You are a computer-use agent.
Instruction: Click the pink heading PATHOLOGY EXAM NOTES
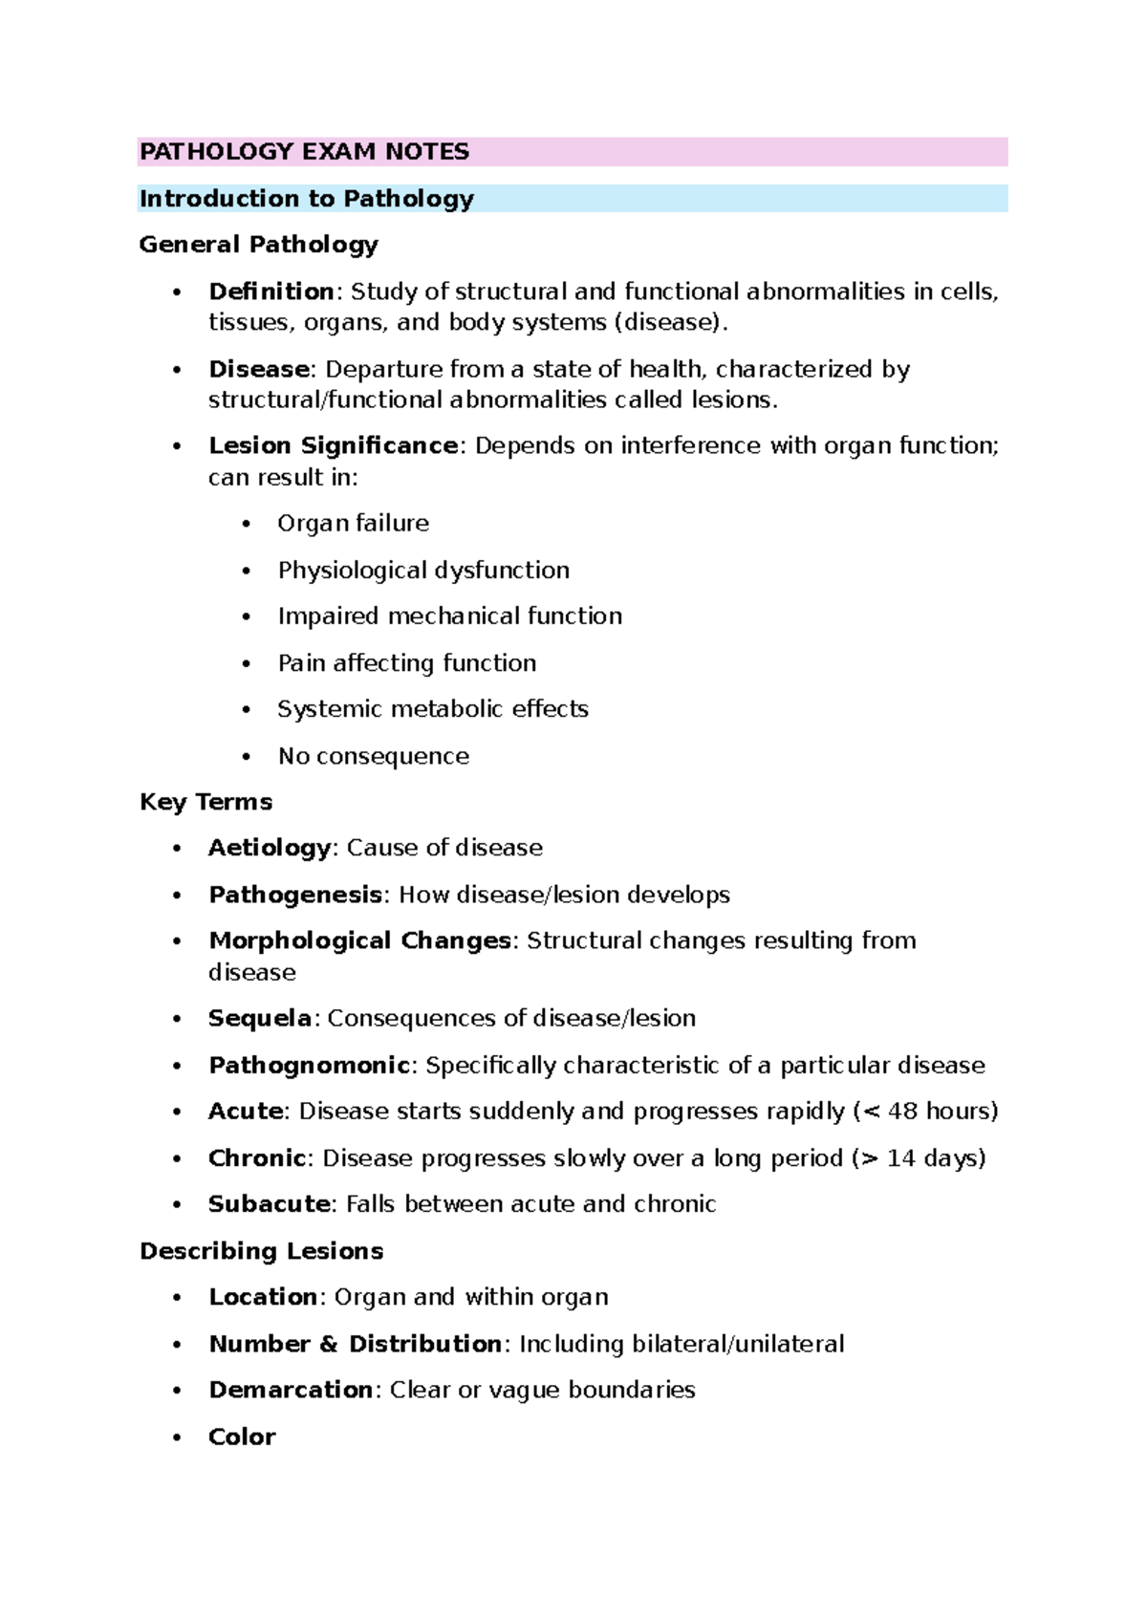coord(304,152)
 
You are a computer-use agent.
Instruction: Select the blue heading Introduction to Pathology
coord(306,199)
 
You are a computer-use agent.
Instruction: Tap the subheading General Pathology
coord(258,245)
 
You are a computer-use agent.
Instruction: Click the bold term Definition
coord(271,292)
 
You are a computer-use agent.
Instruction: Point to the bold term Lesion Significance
coord(333,446)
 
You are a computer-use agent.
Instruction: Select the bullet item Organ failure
coord(353,524)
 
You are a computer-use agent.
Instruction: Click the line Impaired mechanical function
coord(449,616)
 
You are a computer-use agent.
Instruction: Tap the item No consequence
coord(373,756)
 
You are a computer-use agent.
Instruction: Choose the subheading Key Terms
coord(206,802)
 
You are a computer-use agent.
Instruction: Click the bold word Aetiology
coord(270,848)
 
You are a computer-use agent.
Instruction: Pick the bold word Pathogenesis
coord(295,895)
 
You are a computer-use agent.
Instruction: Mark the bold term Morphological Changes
coord(359,940)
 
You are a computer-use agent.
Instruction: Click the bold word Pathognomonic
coord(309,1065)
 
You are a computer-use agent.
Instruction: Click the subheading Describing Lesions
coord(261,1251)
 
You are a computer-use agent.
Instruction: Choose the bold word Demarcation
coord(291,1390)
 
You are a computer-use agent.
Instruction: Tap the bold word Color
coord(242,1437)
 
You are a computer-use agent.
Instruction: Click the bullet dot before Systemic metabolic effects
coord(247,710)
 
